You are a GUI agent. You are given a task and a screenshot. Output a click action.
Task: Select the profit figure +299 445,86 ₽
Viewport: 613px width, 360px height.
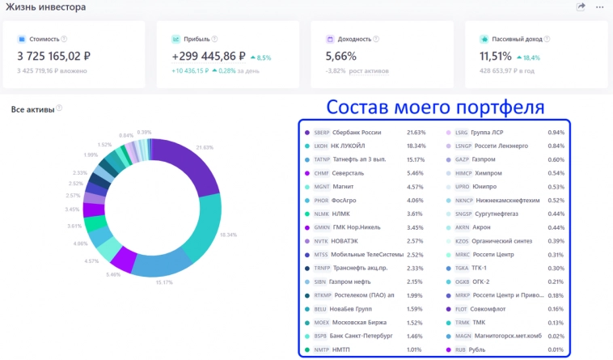(209, 56)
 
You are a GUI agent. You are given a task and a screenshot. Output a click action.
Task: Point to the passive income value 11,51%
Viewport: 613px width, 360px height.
(495, 56)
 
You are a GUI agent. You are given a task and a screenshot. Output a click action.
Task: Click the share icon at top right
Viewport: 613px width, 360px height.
(581, 6)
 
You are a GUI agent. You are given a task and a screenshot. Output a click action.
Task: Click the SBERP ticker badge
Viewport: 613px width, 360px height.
(321, 133)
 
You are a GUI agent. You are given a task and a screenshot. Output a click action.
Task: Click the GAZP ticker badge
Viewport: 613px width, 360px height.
(463, 159)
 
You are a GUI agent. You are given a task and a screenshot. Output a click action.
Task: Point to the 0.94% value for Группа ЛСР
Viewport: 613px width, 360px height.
(556, 133)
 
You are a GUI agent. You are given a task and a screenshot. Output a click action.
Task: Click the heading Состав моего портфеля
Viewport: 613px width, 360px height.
(434, 108)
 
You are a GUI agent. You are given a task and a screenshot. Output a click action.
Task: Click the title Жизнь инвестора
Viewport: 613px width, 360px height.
(46, 7)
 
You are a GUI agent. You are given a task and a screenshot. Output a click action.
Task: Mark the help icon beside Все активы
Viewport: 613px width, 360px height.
(59, 108)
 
